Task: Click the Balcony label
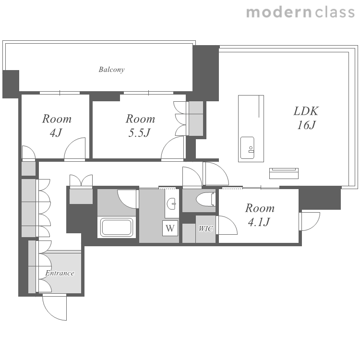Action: coord(111,69)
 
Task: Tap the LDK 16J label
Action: coord(306,118)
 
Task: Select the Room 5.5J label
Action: coord(140,126)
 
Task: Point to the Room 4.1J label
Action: coord(260,215)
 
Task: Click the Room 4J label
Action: coord(57,126)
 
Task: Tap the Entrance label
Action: coord(60,273)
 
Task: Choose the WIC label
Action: coord(206,228)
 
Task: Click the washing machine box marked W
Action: coord(170,228)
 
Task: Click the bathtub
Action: coord(117,227)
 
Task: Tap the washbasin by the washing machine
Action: coord(171,204)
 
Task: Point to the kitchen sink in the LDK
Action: coord(247,148)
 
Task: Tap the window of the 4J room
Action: coord(60,93)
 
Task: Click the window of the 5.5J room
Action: coord(148,93)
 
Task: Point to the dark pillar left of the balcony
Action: coord(11,84)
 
